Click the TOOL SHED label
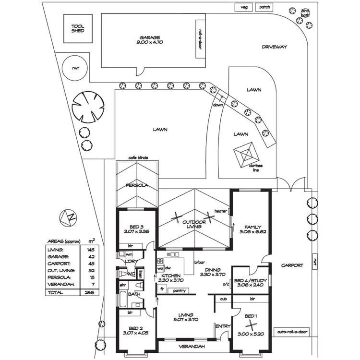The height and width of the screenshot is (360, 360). coord(78,28)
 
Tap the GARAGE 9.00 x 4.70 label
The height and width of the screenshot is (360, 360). coord(149,40)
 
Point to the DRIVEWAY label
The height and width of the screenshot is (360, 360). coord(275,47)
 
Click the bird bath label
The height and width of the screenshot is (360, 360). coord(305,12)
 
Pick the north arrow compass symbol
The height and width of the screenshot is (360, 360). coord(70,217)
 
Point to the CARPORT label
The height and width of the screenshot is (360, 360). coord(292,265)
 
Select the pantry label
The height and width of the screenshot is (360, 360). coord(180,290)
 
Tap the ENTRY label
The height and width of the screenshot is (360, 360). coord(223,326)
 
